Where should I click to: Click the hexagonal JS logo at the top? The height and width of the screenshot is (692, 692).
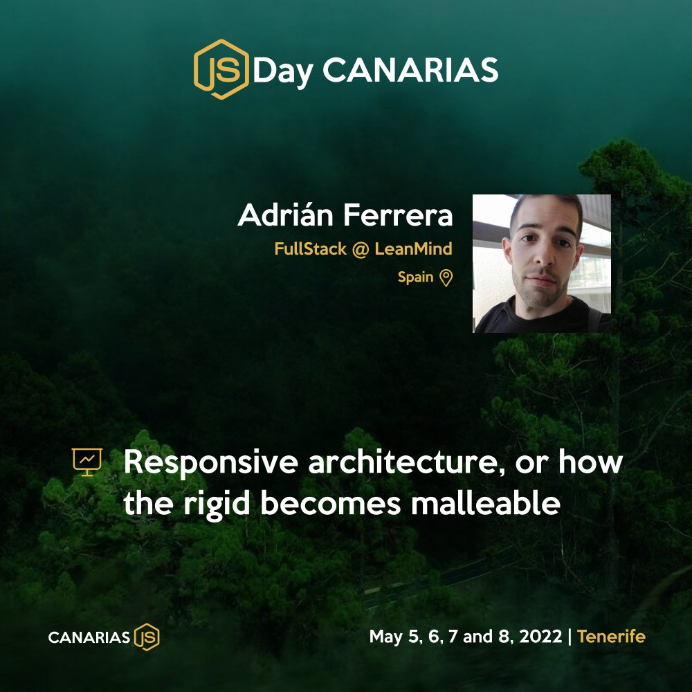coord(221,69)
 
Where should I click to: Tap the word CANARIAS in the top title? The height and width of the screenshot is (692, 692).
coord(410,70)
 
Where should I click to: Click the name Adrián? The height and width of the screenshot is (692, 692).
coord(285,215)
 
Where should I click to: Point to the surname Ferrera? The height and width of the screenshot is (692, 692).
coord(398,215)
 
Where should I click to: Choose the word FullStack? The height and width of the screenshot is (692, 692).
coord(310,249)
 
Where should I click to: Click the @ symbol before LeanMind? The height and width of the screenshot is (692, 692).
coord(360,250)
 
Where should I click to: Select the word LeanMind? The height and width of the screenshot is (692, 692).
coord(414,249)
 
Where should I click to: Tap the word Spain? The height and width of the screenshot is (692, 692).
coord(415,277)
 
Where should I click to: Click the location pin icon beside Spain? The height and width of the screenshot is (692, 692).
coord(446,278)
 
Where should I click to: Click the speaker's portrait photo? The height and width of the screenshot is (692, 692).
coord(542,264)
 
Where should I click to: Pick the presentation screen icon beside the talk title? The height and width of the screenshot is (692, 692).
coord(87,462)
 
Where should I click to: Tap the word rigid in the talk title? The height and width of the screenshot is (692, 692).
coord(217,504)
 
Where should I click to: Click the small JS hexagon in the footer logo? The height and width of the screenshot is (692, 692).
coord(147,637)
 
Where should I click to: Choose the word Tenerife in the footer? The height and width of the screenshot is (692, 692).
coord(611,637)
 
